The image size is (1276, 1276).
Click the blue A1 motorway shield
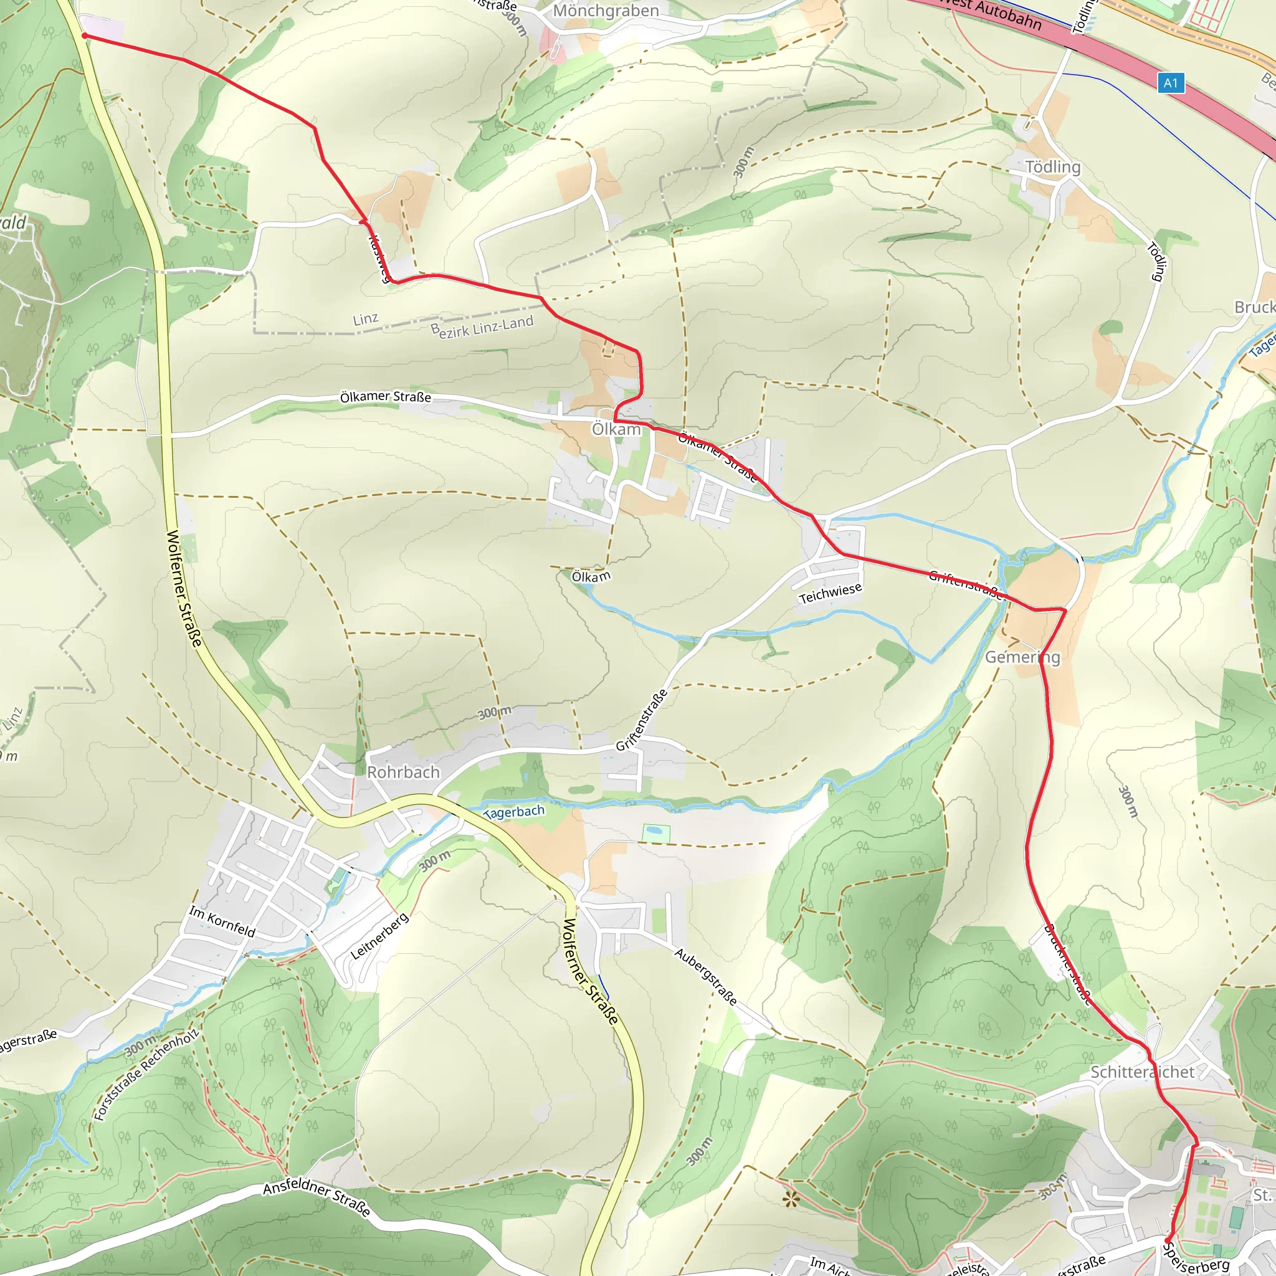coord(1170,83)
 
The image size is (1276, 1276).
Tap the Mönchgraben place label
coord(606,11)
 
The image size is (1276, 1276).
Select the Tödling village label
coord(1053,167)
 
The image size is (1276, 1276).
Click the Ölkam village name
coord(616,429)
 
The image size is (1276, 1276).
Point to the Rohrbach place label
coord(403,772)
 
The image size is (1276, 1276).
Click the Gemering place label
coord(1022,657)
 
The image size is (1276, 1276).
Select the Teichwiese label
coord(830,593)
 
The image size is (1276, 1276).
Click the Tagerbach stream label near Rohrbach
coord(515,812)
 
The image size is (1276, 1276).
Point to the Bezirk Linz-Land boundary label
coord(483,327)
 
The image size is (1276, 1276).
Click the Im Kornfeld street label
coord(222,921)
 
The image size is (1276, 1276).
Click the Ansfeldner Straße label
coord(317,1197)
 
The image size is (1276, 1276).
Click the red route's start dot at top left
coord(85,36)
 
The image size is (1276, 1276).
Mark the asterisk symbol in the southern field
coord(789,1200)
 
